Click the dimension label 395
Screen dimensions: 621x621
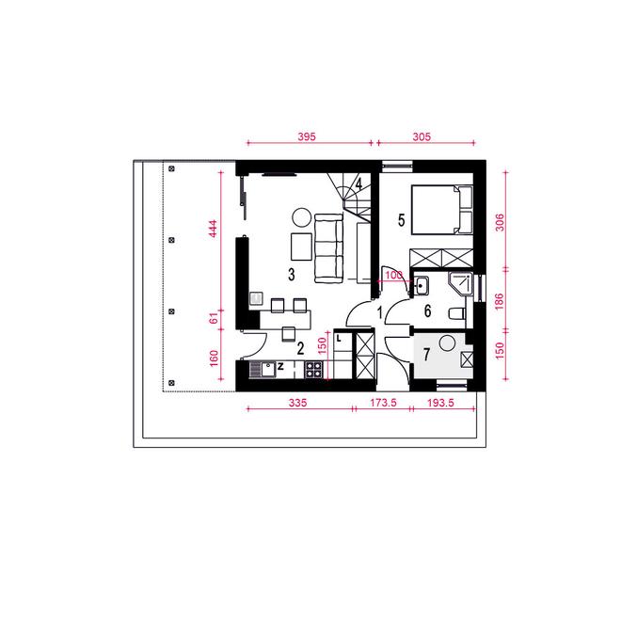pos(307,136)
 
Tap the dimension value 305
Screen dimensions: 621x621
pos(422,136)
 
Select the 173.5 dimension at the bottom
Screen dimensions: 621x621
pos(383,403)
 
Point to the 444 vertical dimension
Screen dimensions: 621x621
pos(213,229)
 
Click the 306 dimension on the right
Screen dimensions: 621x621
pos(500,222)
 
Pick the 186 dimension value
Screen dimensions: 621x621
pos(499,301)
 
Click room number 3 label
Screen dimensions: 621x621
pos(292,274)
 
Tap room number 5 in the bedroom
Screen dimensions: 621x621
pos(401,220)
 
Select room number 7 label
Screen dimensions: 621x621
pos(426,354)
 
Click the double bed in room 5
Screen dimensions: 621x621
pos(442,209)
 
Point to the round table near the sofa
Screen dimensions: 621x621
pos(301,218)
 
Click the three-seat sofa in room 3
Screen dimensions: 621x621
pos(328,248)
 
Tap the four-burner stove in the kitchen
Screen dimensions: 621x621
pos(313,370)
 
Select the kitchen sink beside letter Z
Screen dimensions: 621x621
pos(263,370)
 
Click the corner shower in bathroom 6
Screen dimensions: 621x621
pos(461,284)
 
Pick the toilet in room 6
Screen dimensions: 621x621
pos(457,313)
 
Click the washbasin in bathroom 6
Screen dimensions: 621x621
pos(421,286)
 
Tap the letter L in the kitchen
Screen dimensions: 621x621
pos(339,339)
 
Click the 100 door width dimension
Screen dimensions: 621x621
pos(393,275)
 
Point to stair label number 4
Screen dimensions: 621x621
pos(358,184)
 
